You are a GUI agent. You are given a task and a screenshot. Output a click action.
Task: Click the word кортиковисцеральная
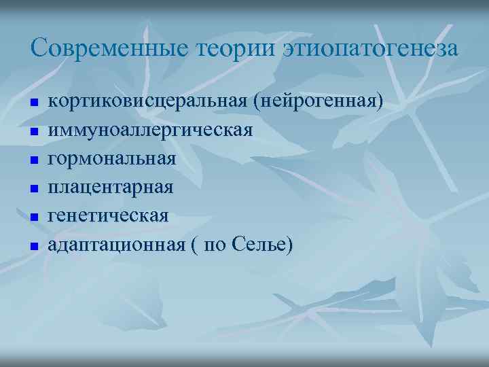(x=147, y=101)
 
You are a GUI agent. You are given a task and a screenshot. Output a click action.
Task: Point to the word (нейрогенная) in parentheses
(x=317, y=101)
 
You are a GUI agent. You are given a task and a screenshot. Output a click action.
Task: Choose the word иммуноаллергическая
(x=150, y=130)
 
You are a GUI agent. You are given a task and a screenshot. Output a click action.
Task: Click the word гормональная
(x=112, y=158)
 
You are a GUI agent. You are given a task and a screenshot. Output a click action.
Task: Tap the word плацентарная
(x=111, y=187)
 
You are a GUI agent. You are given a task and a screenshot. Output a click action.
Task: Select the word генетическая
(x=108, y=215)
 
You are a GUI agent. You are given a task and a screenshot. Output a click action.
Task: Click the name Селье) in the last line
(x=267, y=244)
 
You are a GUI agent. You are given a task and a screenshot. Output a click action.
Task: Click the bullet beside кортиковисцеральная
(x=33, y=103)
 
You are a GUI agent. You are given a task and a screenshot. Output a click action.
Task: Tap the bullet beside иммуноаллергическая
(x=33, y=131)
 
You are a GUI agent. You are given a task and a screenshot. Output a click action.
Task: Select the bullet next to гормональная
(x=33, y=160)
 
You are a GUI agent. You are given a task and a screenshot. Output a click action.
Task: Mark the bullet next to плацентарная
(x=33, y=188)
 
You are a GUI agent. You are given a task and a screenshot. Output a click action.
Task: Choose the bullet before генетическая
(x=33, y=217)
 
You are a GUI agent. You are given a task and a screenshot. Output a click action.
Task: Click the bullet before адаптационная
(x=33, y=245)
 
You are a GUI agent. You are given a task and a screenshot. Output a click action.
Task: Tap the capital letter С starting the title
(x=38, y=48)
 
